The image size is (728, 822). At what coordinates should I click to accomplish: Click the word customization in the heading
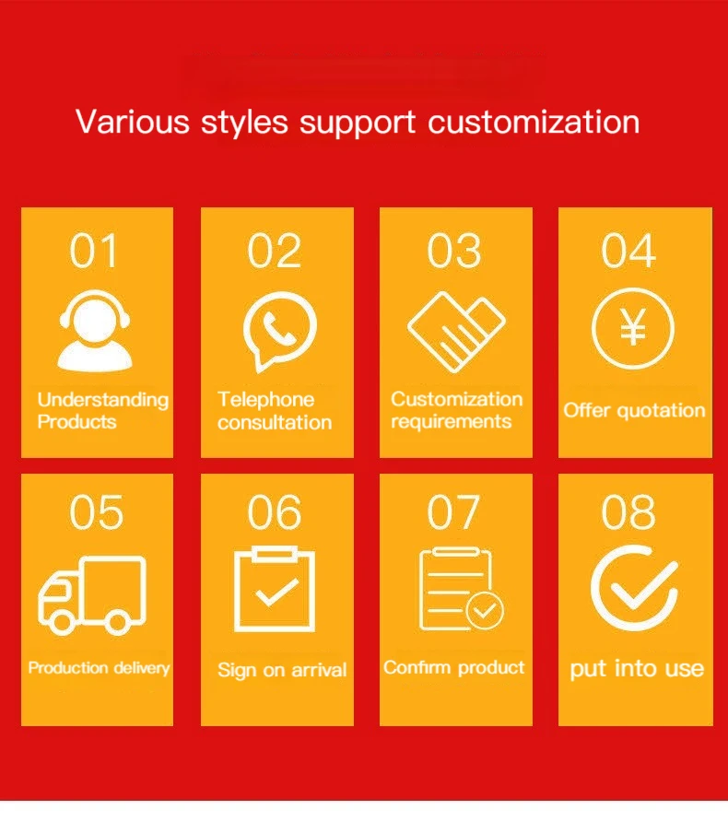pos(534,123)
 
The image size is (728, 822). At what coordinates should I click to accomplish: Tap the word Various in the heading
pos(133,123)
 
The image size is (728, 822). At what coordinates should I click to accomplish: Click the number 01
pos(93,251)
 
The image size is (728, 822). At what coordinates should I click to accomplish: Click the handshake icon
pos(456,332)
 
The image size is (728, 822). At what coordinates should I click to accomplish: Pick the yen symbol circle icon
pos(632,328)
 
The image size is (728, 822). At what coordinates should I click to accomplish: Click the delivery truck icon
pos(92,595)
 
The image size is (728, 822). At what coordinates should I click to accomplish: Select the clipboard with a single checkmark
pos(275,589)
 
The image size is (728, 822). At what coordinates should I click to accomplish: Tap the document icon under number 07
pos(461,589)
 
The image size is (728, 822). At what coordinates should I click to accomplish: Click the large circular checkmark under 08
pos(634,588)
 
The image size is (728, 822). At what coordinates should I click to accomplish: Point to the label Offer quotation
pos(634,410)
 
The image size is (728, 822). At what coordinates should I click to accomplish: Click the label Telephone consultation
pos(275,411)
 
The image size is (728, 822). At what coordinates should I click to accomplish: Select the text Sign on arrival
pos(282,671)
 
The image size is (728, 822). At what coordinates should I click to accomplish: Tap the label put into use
pos(637,669)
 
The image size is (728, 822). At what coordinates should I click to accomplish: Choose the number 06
pos(275,511)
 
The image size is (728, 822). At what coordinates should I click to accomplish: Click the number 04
pos(628,251)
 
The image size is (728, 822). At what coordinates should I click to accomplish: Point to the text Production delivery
pos(99,668)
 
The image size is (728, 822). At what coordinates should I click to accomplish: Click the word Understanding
pos(103,399)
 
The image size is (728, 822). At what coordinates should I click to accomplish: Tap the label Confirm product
pos(454,667)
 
